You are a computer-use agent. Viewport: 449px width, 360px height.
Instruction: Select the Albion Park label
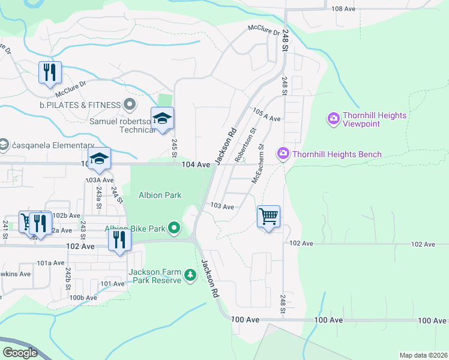(x=160, y=195)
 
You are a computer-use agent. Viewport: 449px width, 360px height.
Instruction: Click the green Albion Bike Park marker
(x=174, y=228)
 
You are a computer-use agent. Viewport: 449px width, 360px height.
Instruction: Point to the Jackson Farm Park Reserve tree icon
(x=190, y=275)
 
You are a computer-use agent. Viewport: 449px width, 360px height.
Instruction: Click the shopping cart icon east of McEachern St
(x=268, y=216)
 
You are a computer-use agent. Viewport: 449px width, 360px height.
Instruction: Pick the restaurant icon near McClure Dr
(x=50, y=73)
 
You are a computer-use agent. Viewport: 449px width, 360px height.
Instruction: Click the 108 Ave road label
(x=344, y=8)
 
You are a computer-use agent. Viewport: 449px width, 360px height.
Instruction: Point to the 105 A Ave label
(x=267, y=115)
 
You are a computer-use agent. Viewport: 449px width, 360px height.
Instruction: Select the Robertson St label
(x=245, y=145)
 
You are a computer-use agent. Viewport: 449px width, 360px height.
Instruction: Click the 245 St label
(x=174, y=145)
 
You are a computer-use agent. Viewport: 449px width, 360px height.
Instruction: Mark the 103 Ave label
(x=222, y=206)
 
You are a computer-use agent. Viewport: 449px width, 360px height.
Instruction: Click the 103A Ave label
(x=100, y=180)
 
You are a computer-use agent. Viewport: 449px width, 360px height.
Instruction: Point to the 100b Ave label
(x=83, y=298)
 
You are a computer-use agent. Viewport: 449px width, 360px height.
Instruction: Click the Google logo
(x=20, y=353)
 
